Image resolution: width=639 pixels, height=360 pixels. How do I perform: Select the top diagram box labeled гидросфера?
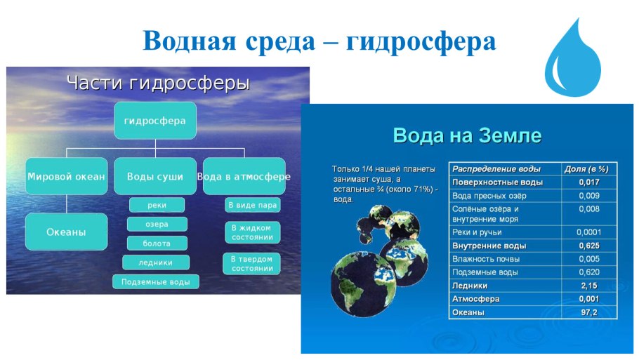click(x=154, y=121)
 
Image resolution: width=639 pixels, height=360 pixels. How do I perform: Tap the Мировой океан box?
click(x=66, y=177)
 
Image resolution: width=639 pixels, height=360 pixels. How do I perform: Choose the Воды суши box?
click(x=154, y=177)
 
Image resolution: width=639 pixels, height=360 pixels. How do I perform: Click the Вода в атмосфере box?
click(x=244, y=177)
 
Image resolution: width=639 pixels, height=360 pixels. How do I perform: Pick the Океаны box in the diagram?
click(x=66, y=232)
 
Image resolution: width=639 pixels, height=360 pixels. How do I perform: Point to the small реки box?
click(x=157, y=205)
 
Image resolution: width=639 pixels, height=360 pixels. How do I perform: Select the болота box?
click(x=157, y=243)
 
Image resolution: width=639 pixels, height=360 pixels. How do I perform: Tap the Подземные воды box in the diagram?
click(x=156, y=281)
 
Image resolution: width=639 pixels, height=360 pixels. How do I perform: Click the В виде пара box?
click(x=253, y=205)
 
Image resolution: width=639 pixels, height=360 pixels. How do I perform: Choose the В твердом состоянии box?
click(x=253, y=263)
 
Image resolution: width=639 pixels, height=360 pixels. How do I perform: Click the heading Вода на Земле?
click(x=467, y=135)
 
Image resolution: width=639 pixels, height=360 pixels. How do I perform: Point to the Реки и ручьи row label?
click(x=477, y=232)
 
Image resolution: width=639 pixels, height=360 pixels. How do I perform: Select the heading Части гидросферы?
click(x=158, y=84)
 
